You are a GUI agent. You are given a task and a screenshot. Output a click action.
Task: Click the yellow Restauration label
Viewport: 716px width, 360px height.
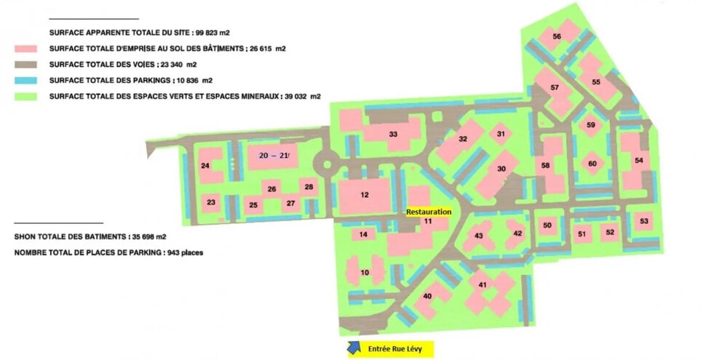point(429,212)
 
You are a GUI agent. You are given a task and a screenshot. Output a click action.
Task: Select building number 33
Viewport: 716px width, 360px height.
point(393,135)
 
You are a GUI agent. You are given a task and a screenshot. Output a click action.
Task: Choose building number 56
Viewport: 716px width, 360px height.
point(557,36)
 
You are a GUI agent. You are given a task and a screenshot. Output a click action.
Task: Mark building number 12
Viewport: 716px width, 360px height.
point(365,195)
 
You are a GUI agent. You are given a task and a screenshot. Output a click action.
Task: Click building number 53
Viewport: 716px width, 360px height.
point(644,221)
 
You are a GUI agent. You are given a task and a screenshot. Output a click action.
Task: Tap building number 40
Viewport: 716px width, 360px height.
point(427,295)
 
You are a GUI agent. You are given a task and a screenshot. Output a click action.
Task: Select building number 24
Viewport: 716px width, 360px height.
point(206,167)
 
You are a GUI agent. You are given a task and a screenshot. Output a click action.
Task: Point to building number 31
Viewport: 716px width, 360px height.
point(500,134)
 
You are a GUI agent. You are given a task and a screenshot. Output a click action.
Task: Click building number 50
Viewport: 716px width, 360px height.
point(547,225)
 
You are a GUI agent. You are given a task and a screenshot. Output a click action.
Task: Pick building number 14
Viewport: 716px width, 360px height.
point(363,234)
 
